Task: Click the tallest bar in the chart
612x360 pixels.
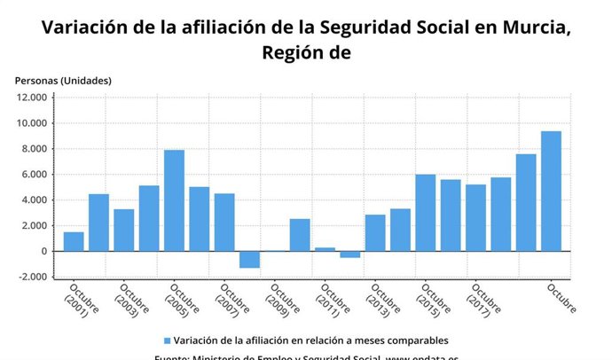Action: point(551,191)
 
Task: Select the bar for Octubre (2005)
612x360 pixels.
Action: point(174,200)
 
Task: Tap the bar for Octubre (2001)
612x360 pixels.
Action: point(74,241)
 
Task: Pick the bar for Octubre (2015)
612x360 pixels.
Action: point(426,213)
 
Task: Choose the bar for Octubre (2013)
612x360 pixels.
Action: point(375,232)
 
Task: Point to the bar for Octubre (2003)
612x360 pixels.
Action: point(123,230)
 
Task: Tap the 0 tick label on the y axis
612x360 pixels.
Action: point(43,251)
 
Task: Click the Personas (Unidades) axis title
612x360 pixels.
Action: point(63,81)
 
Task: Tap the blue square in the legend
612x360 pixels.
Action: point(167,340)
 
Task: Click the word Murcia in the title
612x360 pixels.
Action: point(526,27)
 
